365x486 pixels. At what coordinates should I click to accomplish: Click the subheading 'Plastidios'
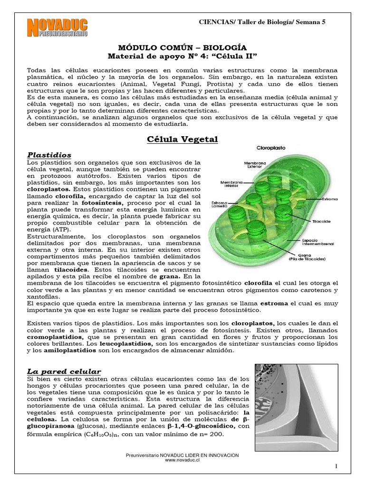(49, 155)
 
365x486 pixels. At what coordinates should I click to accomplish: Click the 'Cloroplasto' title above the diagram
(271, 148)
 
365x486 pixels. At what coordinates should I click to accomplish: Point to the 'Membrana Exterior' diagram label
(255, 164)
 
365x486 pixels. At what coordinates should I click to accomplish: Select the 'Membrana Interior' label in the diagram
(232, 184)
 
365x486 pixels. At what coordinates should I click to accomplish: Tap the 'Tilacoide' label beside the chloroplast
(321, 221)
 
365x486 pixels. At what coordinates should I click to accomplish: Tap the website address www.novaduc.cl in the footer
(182, 460)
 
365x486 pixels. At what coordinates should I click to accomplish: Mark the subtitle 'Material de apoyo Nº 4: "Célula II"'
(182, 56)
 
